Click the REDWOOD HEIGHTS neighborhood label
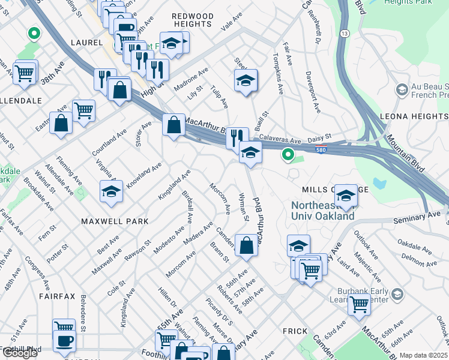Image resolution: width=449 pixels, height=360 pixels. point(192,20)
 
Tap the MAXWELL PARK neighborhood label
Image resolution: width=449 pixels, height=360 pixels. point(115,221)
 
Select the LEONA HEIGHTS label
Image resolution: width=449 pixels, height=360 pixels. point(414,116)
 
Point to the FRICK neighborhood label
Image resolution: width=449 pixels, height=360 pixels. point(295,331)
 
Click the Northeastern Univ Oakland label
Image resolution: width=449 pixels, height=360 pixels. point(322,211)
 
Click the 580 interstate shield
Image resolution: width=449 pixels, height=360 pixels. point(322,150)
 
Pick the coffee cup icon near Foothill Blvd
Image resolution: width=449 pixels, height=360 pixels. point(64,340)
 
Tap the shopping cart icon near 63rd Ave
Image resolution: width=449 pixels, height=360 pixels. point(359,304)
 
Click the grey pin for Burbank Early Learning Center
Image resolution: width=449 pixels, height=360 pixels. point(396,294)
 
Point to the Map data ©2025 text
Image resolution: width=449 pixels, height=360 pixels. point(423,355)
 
